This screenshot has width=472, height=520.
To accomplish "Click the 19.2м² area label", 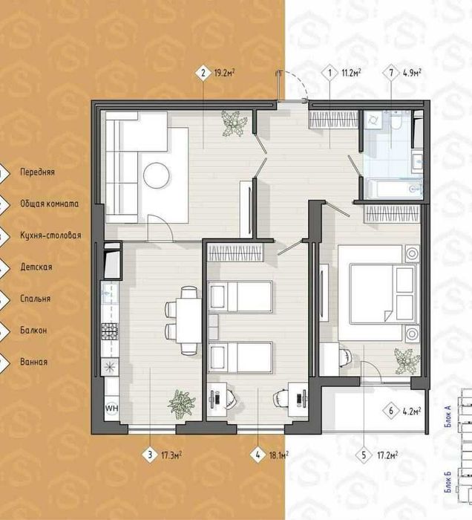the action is pos(225,73).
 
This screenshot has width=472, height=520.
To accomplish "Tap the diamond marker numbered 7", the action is pos(391,73).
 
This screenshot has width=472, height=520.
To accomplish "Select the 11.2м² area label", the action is pos(351,73).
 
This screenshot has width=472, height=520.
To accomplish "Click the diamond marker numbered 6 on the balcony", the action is pos(391,412).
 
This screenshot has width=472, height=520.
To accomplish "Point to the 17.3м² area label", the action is pos(171,455).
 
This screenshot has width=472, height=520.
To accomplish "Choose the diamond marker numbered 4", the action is pos(258,455).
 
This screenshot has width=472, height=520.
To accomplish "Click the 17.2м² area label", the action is pos(387,455).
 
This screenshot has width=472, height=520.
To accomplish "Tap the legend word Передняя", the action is pos(37,172).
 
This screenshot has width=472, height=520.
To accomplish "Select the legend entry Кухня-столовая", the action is pos(50,235).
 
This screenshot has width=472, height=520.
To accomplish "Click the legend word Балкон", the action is pos(33,331).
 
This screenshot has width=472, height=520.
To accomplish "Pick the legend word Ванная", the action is pos(34,362).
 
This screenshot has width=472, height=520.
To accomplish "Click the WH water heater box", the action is pos(111,408).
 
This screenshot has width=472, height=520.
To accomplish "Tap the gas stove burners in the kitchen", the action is pos(110,331).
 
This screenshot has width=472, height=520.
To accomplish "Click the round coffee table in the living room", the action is pos(157,175).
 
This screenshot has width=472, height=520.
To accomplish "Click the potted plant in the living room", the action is pos(235,123).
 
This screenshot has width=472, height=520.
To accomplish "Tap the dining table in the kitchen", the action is pos(189,320).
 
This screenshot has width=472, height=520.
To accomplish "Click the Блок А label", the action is pos(449,417).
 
